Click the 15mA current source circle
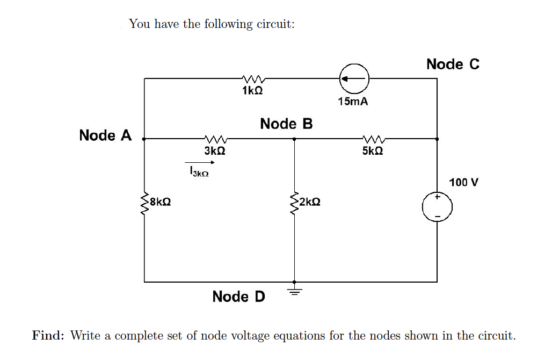tap(353, 78)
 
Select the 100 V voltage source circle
tap(437, 207)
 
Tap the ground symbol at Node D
tap(294, 290)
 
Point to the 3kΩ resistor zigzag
tap(214, 139)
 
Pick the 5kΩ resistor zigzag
tap(372, 139)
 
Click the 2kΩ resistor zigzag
tap(294, 203)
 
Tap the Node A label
tap(105, 135)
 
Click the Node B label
tap(286, 124)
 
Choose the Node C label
tap(453, 64)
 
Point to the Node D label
tap(238, 297)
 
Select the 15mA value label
tap(353, 101)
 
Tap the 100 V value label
tap(463, 182)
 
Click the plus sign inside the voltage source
tap(437, 198)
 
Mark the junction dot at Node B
tap(294, 139)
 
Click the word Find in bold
tap(48, 336)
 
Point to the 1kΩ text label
tap(252, 91)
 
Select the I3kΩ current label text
tap(198, 172)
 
